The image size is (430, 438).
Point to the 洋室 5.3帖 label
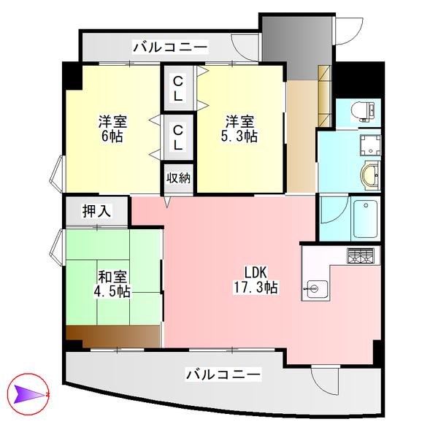[239, 129]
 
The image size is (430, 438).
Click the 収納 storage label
[177, 177]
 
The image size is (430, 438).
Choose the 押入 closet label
[96, 212]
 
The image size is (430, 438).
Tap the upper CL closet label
[177, 87]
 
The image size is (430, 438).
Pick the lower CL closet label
[177, 137]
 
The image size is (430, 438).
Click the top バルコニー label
[170, 48]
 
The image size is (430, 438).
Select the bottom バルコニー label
[223, 374]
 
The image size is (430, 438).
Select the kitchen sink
[316, 289]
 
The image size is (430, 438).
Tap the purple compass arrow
[27, 395]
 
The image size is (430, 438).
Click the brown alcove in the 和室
[113, 336]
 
